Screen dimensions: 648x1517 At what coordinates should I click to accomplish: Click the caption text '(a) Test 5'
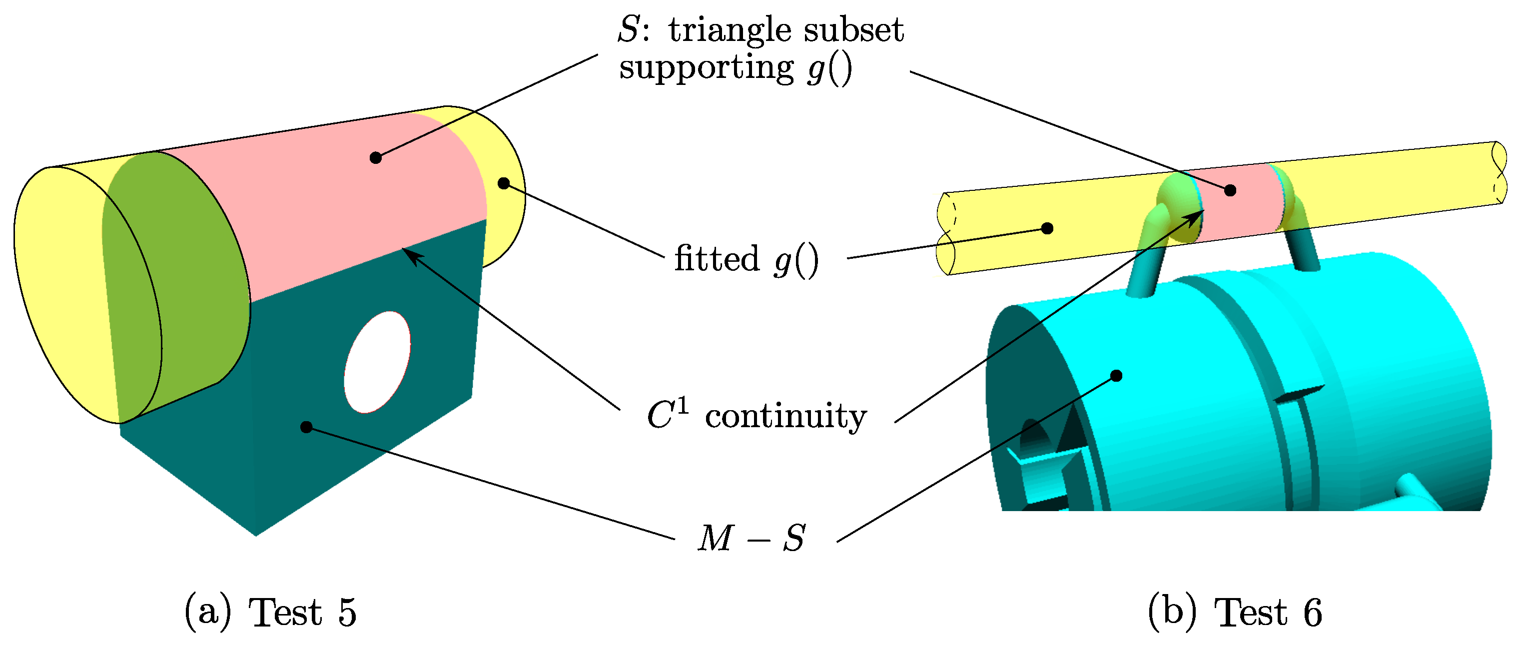pyautogui.click(x=271, y=613)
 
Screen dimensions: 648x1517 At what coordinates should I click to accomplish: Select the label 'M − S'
pyautogui.click(x=752, y=539)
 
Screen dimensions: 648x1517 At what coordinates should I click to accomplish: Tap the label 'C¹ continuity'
pyautogui.click(x=756, y=416)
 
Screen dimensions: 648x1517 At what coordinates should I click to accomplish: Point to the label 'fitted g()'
pyautogui.click(x=746, y=259)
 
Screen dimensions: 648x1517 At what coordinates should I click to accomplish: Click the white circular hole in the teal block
pyautogui.click(x=377, y=362)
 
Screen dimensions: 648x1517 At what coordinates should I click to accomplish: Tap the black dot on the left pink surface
pyautogui.click(x=376, y=157)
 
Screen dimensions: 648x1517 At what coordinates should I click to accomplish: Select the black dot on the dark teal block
pyautogui.click(x=306, y=427)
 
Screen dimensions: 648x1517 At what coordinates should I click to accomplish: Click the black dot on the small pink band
pyautogui.click(x=1230, y=190)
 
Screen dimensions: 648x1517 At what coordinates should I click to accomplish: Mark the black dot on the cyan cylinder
pyautogui.click(x=1117, y=375)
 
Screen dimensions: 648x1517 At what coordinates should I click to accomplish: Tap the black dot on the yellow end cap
pyautogui.click(x=504, y=183)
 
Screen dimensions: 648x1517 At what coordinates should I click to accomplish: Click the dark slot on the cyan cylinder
pyautogui.click(x=1299, y=394)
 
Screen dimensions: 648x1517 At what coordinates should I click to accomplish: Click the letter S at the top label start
pyautogui.click(x=629, y=30)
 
